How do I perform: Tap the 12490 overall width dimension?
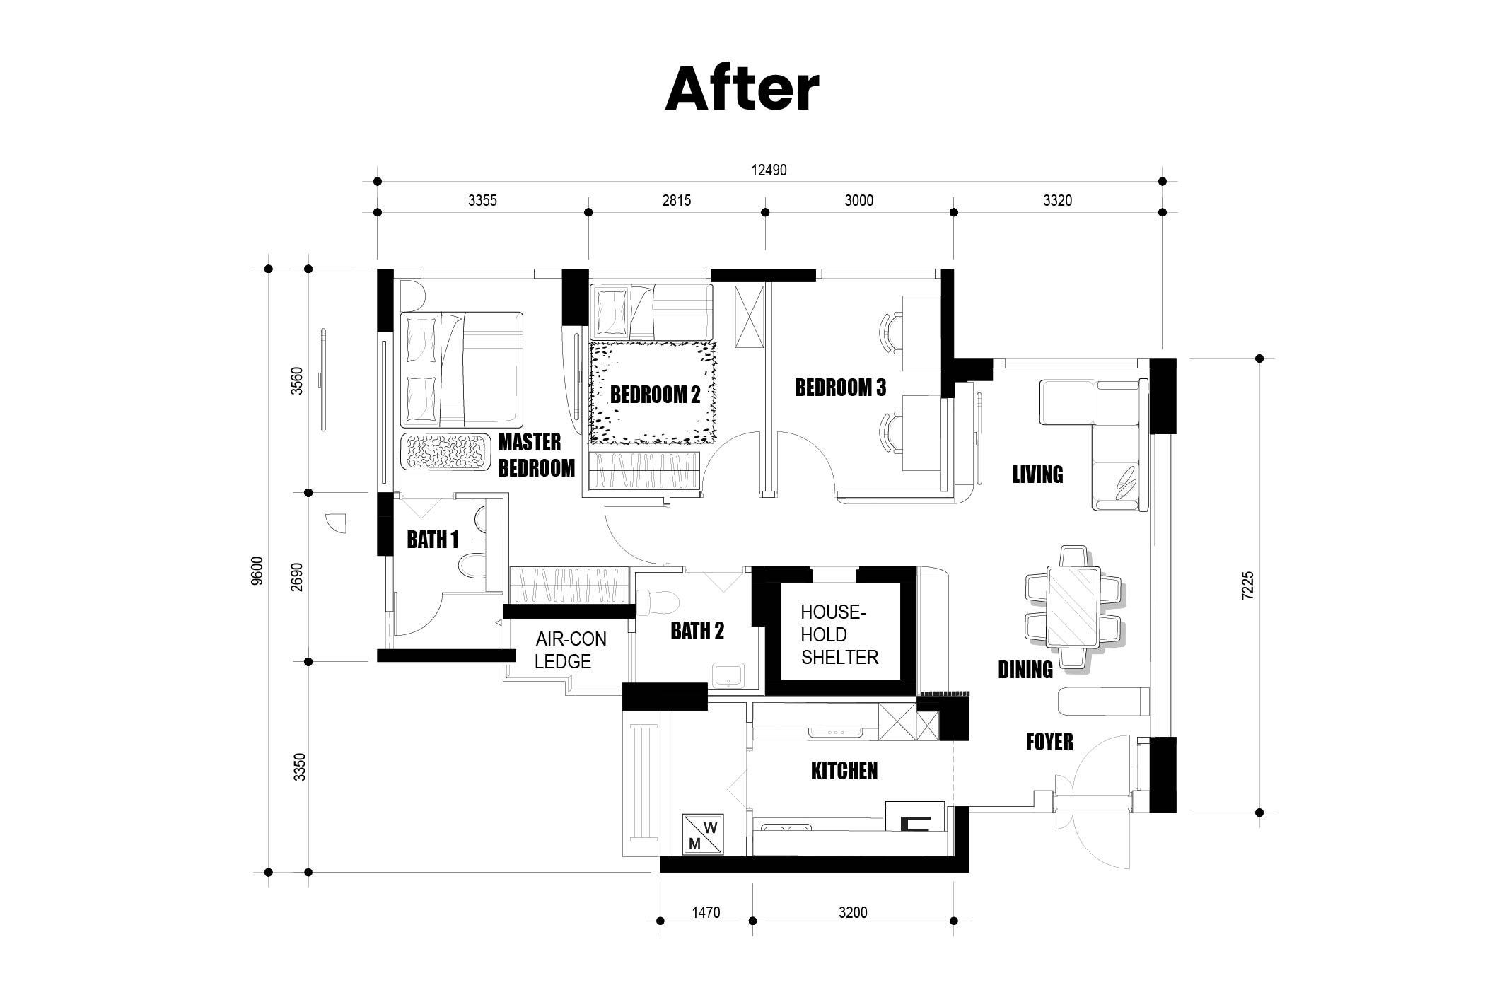click(769, 170)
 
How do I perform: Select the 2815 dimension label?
click(676, 201)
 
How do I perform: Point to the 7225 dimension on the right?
click(1247, 586)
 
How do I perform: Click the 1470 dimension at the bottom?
click(706, 913)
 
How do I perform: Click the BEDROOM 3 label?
click(840, 388)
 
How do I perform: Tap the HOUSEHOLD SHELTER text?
click(839, 635)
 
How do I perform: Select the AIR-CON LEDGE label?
click(571, 651)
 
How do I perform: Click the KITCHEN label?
click(844, 771)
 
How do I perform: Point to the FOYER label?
click(1049, 742)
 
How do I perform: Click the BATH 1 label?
click(433, 540)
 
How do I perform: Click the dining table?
click(1073, 607)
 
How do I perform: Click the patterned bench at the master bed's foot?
click(446, 451)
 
